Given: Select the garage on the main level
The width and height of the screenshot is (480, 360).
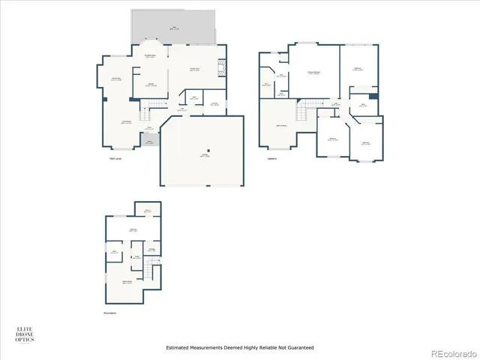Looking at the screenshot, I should (202, 154).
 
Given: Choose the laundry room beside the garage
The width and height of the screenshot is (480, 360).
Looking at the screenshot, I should (214, 105).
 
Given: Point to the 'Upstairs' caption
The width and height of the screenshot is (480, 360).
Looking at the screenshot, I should (271, 158).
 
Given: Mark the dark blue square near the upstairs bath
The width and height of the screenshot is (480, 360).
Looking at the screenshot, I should (373, 96).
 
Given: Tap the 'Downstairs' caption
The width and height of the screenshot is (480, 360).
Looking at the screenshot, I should (110, 313).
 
